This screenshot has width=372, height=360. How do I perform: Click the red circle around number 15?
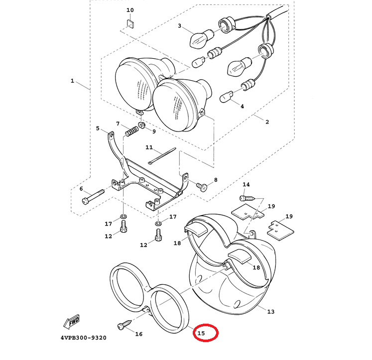pyautogui.click(x=205, y=333)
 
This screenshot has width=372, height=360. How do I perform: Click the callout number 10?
pyautogui.click(x=130, y=10)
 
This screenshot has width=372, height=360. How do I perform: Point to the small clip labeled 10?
pyautogui.click(x=131, y=23)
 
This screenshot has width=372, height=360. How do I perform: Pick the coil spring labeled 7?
pyautogui.click(x=131, y=131)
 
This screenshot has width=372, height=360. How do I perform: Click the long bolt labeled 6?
pyautogui.click(x=93, y=195)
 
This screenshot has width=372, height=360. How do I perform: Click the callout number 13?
pyautogui.click(x=270, y=312)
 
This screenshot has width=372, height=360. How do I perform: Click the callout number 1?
pyautogui.click(x=72, y=81)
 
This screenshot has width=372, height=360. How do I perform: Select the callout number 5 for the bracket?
pyautogui.click(x=98, y=128)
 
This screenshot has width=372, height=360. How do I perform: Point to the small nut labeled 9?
pyautogui.click(x=141, y=124)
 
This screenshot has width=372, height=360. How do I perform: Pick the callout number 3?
pyautogui.click(x=180, y=26)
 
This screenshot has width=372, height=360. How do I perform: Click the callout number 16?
pyautogui.click(x=139, y=334)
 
